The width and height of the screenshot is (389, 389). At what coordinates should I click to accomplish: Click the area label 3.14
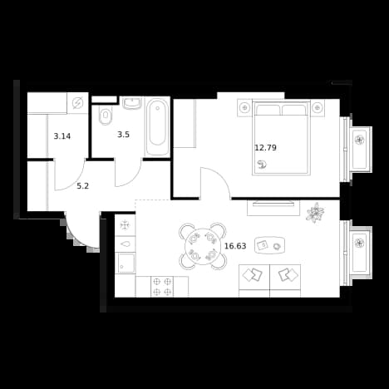pyautogui.click(x=62, y=136)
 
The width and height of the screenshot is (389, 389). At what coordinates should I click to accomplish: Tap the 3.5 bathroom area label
pyautogui.click(x=123, y=135)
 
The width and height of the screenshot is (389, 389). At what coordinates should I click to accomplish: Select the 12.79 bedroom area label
pyautogui.click(x=265, y=148)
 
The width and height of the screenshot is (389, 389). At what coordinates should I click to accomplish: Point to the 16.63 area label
pyautogui.click(x=235, y=246)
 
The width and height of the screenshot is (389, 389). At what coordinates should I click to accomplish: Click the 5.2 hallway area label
pyautogui.click(x=82, y=186)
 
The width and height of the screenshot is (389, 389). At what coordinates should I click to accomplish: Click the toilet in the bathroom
pyautogui.click(x=106, y=116)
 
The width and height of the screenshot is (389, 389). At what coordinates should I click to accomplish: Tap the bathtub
pyautogui.click(x=157, y=127)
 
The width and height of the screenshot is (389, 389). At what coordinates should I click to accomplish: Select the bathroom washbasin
pyautogui.click(x=132, y=103)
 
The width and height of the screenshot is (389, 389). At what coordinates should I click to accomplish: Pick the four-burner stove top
pyautogui.click(x=162, y=287)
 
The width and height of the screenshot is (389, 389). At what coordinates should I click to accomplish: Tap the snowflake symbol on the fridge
pyautogui.click(x=125, y=224)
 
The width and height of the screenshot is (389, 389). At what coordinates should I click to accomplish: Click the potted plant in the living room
pyautogui.click(x=315, y=213)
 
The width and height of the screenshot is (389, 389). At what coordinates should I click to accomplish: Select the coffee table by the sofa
pyautogui.click(x=270, y=245)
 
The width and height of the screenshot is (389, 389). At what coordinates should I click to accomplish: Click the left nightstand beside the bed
pyautogui.click(x=245, y=107)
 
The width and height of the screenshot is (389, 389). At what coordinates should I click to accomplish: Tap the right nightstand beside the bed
pyautogui.click(x=318, y=107)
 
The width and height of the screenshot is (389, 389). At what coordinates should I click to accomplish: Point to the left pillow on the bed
pyautogui.click(x=268, y=110)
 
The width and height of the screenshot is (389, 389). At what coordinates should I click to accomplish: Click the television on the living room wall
pyautogui.click(x=273, y=204)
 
